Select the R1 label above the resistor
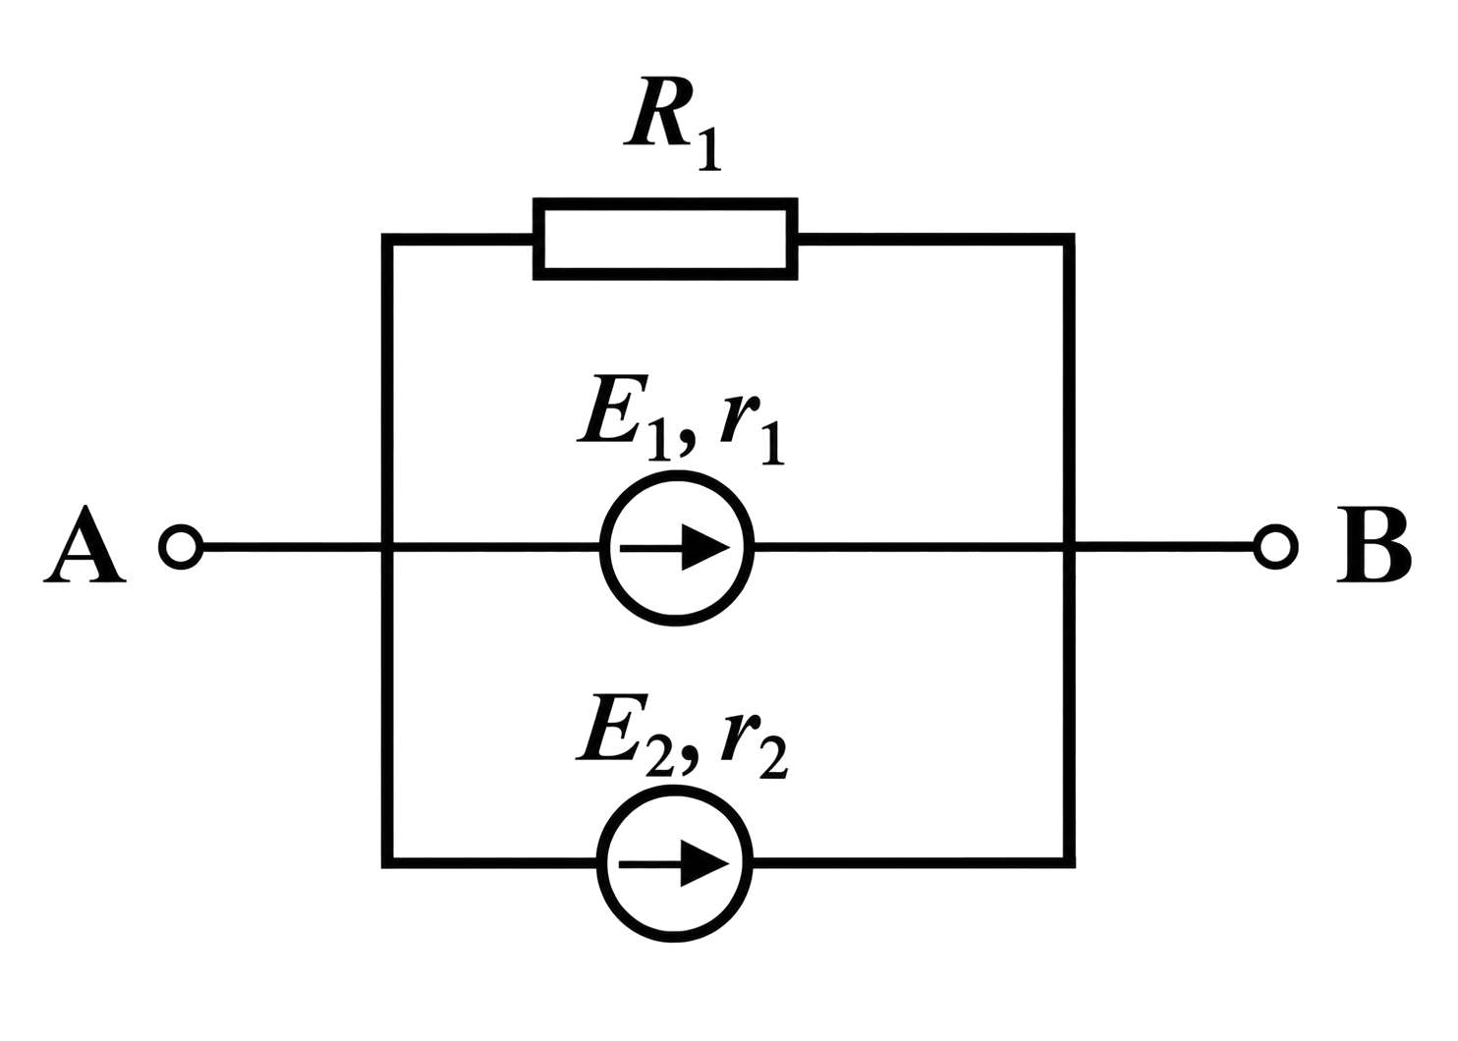click(x=672, y=124)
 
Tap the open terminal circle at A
click(x=181, y=547)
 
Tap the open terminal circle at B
click(x=1275, y=546)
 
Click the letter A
click(x=84, y=544)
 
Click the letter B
click(x=1374, y=544)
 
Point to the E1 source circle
click(x=677, y=472)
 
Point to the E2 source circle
click(x=675, y=788)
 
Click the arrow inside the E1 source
click(x=675, y=549)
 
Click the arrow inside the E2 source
click(x=674, y=864)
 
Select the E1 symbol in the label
click(x=624, y=416)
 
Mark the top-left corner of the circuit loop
click(x=387, y=239)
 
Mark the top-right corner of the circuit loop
click(x=1069, y=239)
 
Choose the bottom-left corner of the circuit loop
click(x=387, y=862)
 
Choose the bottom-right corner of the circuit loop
click(x=1069, y=862)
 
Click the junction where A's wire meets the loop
click(x=387, y=547)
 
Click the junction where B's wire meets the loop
click(x=1069, y=546)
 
